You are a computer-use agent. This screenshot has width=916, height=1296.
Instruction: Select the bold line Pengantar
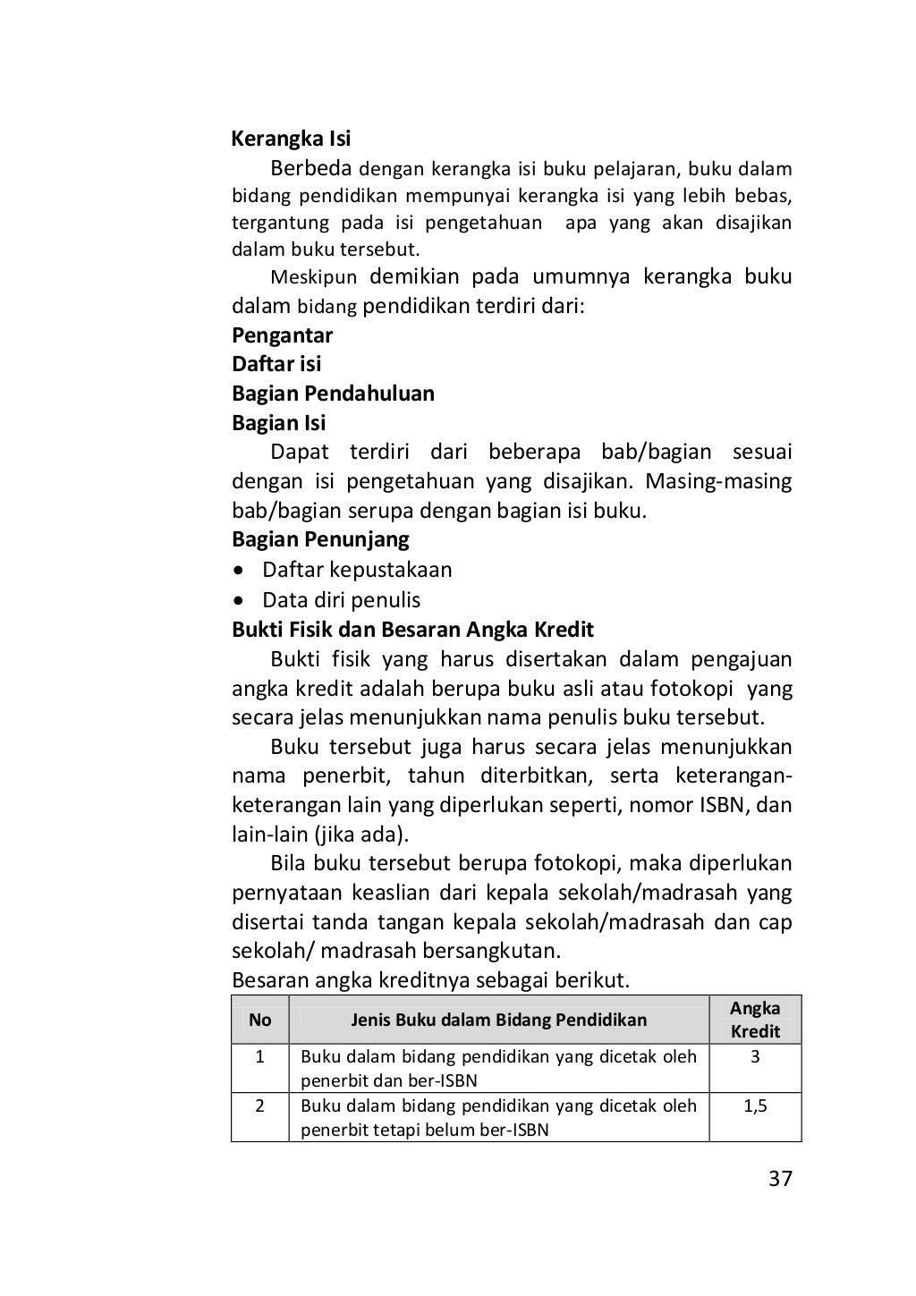[x=282, y=335]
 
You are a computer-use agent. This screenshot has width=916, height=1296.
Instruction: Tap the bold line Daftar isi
[x=276, y=364]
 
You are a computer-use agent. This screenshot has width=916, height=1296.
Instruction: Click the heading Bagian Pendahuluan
[x=333, y=394]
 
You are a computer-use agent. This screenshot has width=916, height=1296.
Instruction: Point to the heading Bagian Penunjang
[x=320, y=539]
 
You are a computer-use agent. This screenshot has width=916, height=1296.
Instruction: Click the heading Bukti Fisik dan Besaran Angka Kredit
[x=412, y=629]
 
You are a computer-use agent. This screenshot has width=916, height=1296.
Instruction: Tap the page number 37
[x=780, y=1179]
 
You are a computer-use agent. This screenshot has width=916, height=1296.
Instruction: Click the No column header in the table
[x=259, y=1020]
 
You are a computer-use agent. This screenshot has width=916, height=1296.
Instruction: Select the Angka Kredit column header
[x=755, y=1020]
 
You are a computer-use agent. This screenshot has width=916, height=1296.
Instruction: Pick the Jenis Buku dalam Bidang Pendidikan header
[x=498, y=1020]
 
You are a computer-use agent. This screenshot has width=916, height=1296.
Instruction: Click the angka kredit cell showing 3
[x=755, y=1057]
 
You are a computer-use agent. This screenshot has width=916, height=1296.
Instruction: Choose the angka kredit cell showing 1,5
[x=755, y=1106]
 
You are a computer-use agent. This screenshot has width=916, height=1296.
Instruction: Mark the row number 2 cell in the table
[x=259, y=1106]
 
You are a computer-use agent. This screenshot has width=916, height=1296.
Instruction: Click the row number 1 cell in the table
[x=259, y=1057]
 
